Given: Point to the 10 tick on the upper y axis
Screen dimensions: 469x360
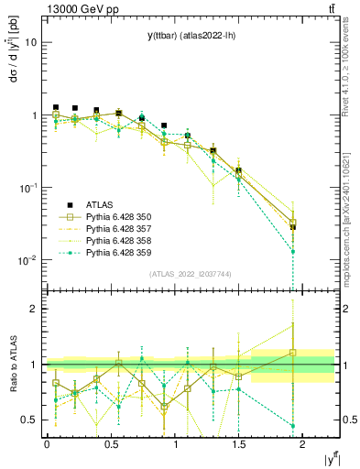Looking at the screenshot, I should click(x=31, y=43).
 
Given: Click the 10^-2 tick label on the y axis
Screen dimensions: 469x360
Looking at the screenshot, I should click(x=27, y=260).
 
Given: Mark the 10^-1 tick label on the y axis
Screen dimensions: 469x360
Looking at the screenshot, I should click(x=27, y=188).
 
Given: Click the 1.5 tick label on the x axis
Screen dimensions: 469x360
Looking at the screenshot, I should click(x=238, y=442).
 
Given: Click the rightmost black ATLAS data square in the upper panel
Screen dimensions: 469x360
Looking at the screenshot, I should click(x=292, y=226).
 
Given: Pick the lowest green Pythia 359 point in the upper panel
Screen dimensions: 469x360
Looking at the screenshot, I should click(x=292, y=251).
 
